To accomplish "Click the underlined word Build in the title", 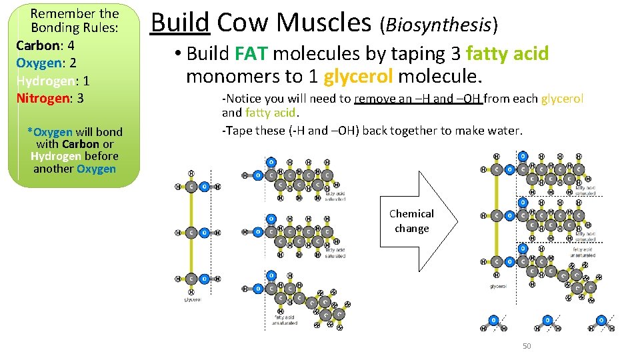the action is coord(180,23).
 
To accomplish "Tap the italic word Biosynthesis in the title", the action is coord(438,25).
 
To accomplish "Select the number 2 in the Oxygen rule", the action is coord(73,63).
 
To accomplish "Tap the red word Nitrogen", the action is coord(43,98).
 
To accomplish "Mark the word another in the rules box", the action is coord(53,169).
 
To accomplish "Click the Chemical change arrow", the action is coord(417,221).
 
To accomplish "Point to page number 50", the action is coord(527,346).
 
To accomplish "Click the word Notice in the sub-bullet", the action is coord(245,99).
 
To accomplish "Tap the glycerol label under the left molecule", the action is coord(192,299).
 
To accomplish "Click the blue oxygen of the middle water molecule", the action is coord(547,320).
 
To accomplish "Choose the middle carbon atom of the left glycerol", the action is coord(191,233).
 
